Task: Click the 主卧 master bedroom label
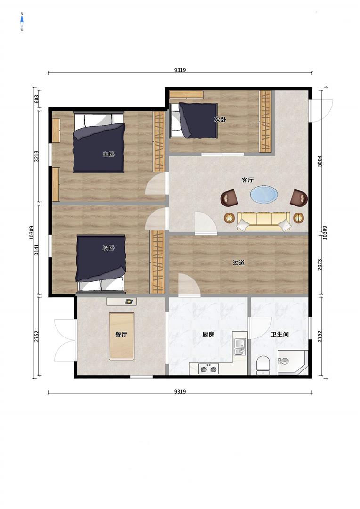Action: tap(108, 155)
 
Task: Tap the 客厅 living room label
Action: tap(248, 180)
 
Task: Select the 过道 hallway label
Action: tap(238, 263)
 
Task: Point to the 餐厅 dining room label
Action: tap(121, 334)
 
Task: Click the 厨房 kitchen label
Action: tap(208, 334)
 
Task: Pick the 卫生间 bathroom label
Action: tap(280, 334)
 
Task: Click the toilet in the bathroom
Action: tap(263, 365)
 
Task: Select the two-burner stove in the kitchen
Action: tap(208, 369)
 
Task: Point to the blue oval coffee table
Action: tap(264, 194)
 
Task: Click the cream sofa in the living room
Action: tap(264, 221)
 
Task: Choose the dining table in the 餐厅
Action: tap(122, 336)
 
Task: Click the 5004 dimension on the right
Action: tap(320, 161)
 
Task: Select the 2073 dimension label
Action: tap(320, 264)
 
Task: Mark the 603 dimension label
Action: tap(37, 99)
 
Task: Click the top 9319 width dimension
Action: tap(180, 70)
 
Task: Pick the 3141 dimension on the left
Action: tap(37, 250)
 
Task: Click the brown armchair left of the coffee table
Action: tap(229, 198)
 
